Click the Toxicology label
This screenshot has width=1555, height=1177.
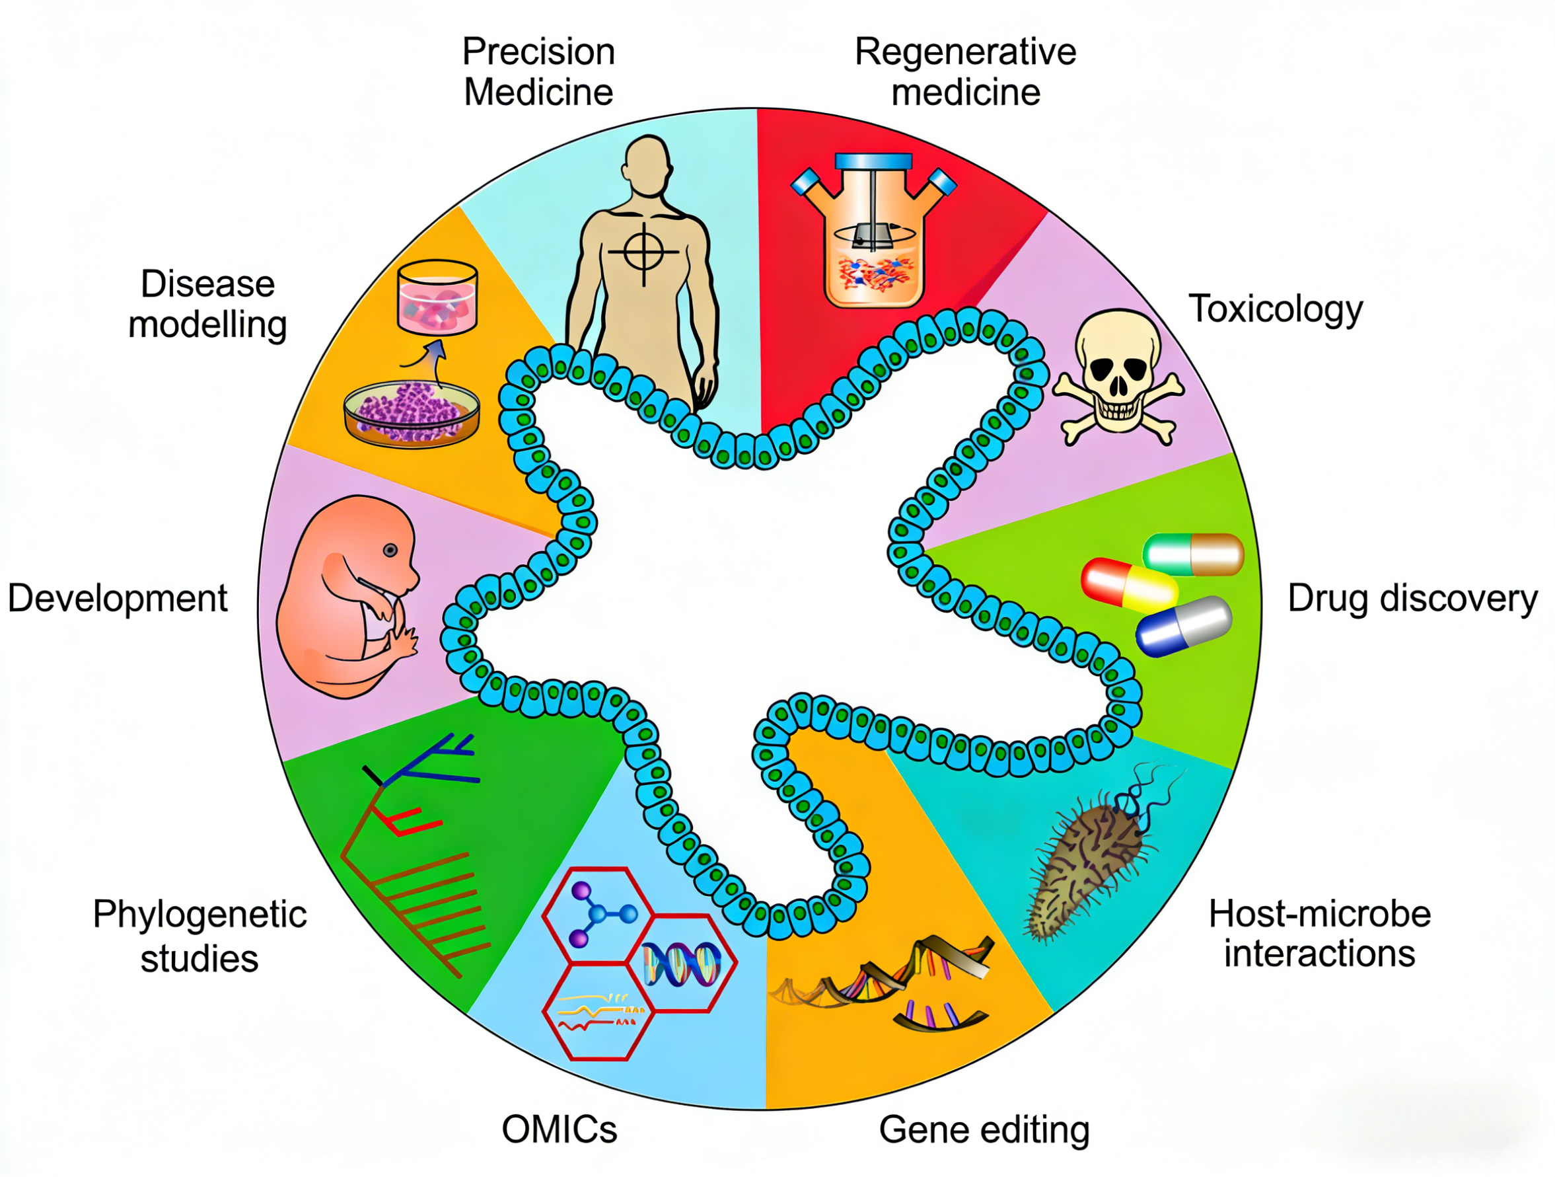[x=1275, y=309]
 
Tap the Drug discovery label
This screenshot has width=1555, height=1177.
[x=1412, y=599]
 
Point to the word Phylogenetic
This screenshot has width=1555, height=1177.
[x=199, y=915]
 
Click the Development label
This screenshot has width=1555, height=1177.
[x=118, y=599]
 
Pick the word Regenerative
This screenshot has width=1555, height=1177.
[x=965, y=52]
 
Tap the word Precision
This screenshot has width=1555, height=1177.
[x=538, y=52]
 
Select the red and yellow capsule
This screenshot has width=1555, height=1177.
[x=1129, y=583]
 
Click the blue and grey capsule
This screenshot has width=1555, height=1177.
[x=1184, y=625]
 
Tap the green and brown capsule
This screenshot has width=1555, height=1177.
[x=1193, y=553]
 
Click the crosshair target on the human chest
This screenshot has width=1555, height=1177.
[x=643, y=251]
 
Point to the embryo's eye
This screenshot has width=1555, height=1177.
[x=390, y=551]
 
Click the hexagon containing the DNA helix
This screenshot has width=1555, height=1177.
[x=680, y=964]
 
